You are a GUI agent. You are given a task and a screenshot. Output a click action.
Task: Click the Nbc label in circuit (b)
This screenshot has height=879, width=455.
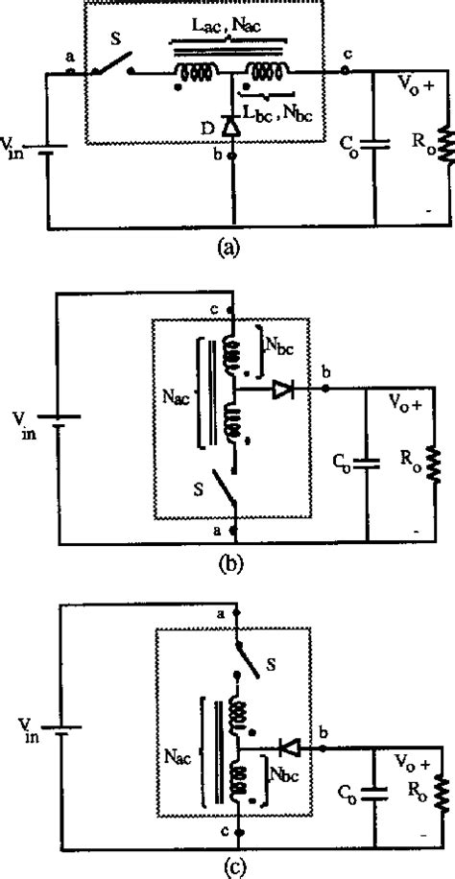point(283,347)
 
